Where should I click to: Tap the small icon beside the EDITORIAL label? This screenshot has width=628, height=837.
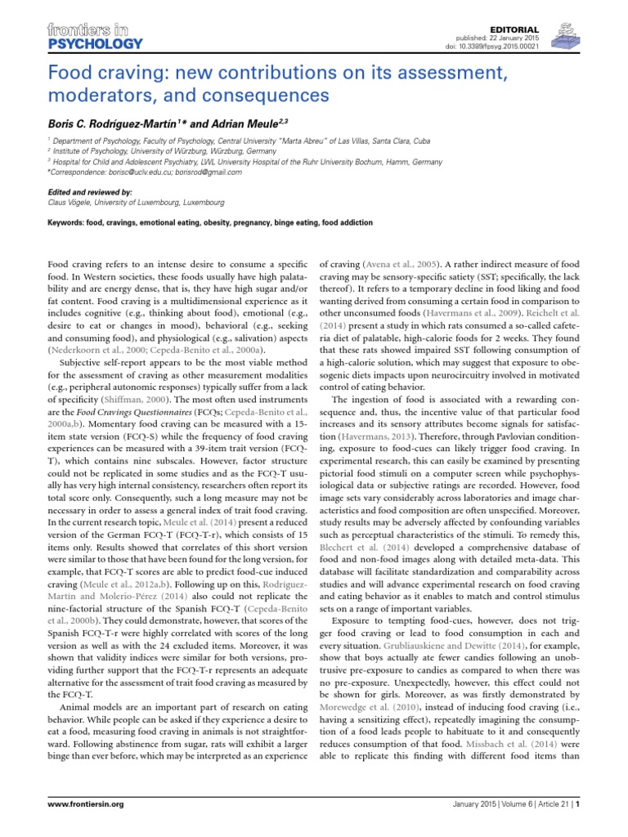pos(563,38)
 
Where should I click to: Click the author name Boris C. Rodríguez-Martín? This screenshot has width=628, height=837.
pos(112,123)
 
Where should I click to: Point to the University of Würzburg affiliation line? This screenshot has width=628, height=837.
pos(156,151)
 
